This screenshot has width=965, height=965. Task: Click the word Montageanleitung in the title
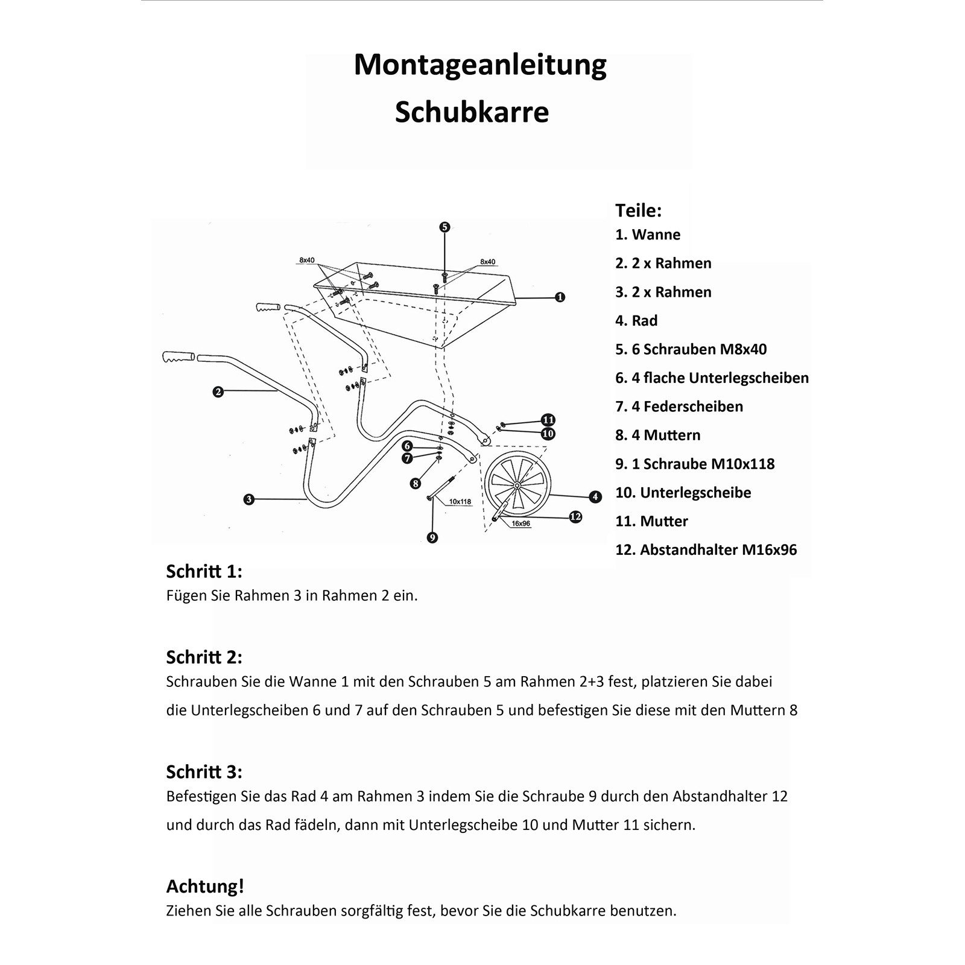(479, 65)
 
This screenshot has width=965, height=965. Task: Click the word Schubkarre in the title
(472, 112)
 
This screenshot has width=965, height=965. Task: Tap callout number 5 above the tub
(445, 227)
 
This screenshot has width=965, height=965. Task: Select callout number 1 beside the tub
(560, 297)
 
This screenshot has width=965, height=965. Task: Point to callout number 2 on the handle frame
(218, 392)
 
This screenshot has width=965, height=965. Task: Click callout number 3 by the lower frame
(248, 499)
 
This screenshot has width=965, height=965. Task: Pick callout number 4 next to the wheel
(595, 497)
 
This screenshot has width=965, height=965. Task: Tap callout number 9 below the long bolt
(432, 537)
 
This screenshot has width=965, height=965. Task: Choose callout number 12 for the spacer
(575, 517)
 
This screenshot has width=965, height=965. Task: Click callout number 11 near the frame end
(548, 420)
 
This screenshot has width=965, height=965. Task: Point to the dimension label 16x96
(520, 524)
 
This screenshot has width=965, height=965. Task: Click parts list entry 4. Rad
(636, 321)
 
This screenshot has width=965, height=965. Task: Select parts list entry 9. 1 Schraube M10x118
(695, 464)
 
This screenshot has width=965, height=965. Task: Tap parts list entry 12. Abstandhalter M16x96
(706, 550)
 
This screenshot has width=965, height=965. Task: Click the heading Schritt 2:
(204, 657)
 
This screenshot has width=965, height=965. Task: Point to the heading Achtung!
(205, 886)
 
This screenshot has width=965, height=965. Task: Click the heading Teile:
(638, 210)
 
